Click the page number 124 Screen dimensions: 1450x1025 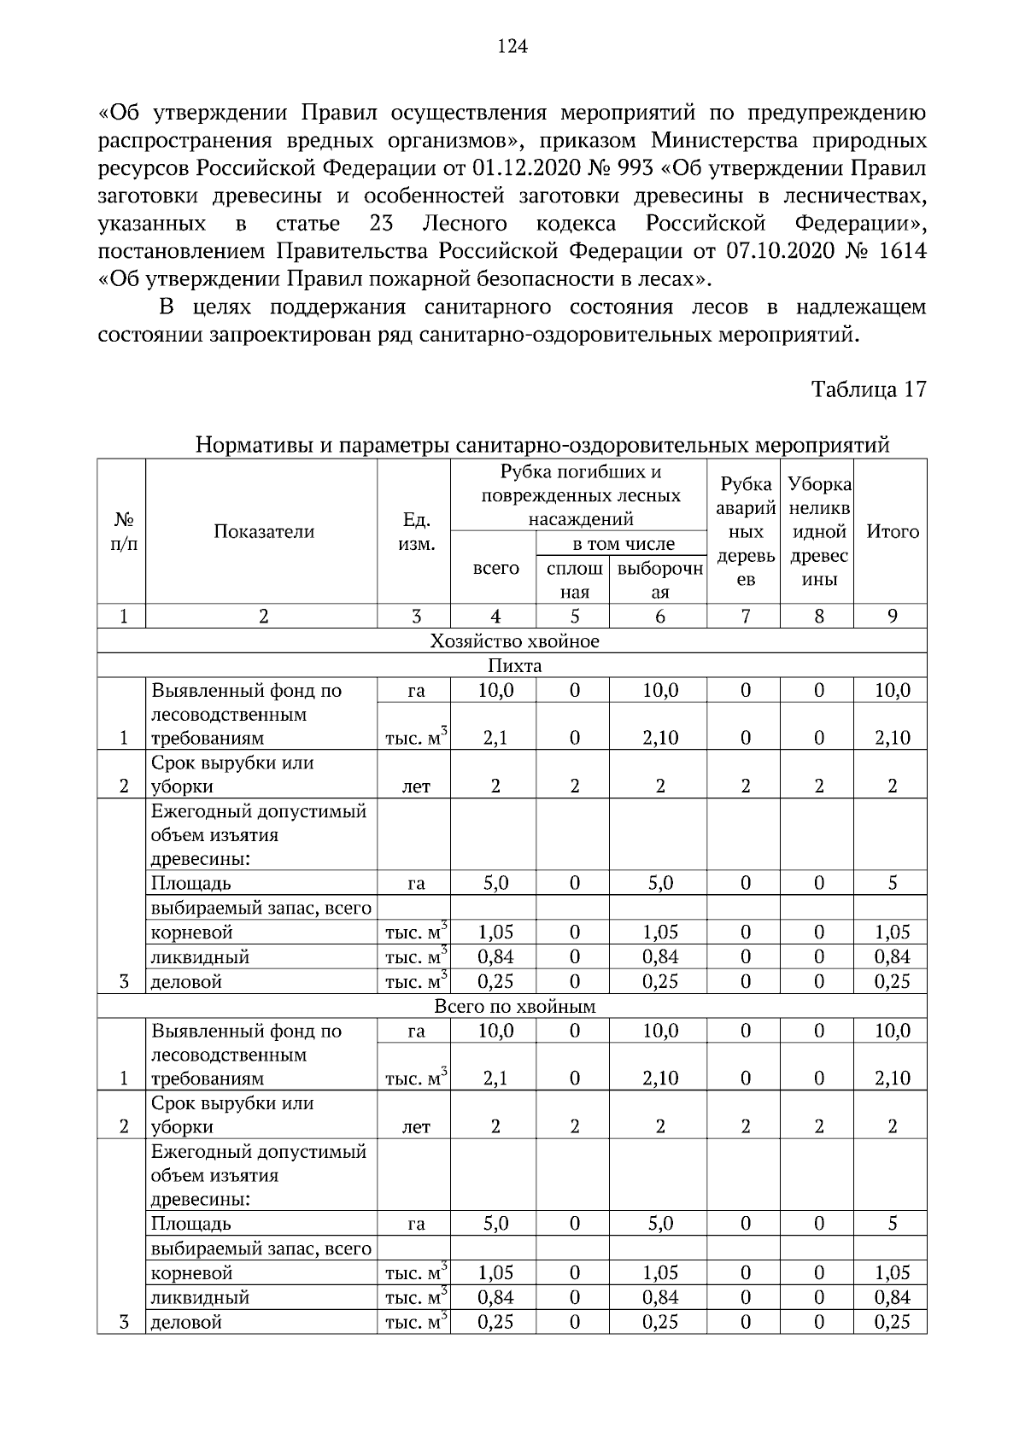pos(512,47)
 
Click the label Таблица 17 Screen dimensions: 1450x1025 pos(869,389)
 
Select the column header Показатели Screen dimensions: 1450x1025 pos(264,532)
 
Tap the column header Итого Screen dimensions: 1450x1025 pos(893,532)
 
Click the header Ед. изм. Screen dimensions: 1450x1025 pos(416,532)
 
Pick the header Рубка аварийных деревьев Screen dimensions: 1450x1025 pos(746,532)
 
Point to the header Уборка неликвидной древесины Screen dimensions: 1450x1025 pos(819,532)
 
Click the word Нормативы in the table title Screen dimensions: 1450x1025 pos(247,446)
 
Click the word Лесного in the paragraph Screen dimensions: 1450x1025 pos(465,225)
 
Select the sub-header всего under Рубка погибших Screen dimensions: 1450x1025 pos(495,569)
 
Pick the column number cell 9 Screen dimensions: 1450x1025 pos(893,617)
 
